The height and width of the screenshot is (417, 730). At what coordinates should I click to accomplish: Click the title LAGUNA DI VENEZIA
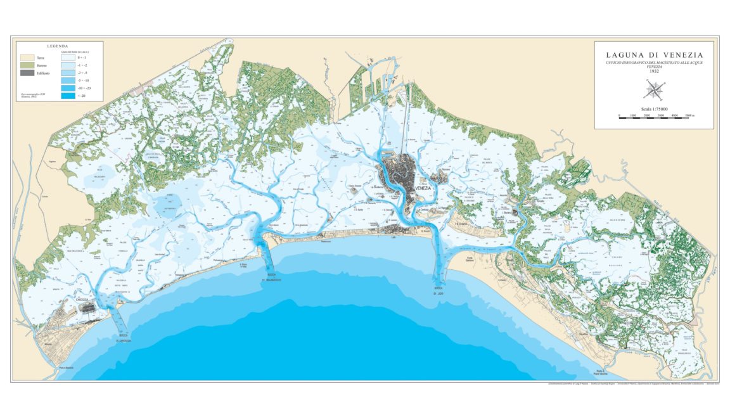654,55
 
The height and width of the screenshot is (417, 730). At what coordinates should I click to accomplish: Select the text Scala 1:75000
654,109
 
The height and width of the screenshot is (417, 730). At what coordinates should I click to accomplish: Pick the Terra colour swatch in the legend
27,57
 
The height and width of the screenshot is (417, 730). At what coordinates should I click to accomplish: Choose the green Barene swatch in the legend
27,65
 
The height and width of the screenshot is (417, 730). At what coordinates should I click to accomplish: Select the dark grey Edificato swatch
27,73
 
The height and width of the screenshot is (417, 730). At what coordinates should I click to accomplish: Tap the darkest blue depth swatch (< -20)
68,96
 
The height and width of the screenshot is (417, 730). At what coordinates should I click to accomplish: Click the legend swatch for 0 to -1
68,57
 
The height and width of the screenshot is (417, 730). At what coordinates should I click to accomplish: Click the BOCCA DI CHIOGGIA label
123,338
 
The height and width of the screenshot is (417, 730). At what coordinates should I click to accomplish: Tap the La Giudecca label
378,186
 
